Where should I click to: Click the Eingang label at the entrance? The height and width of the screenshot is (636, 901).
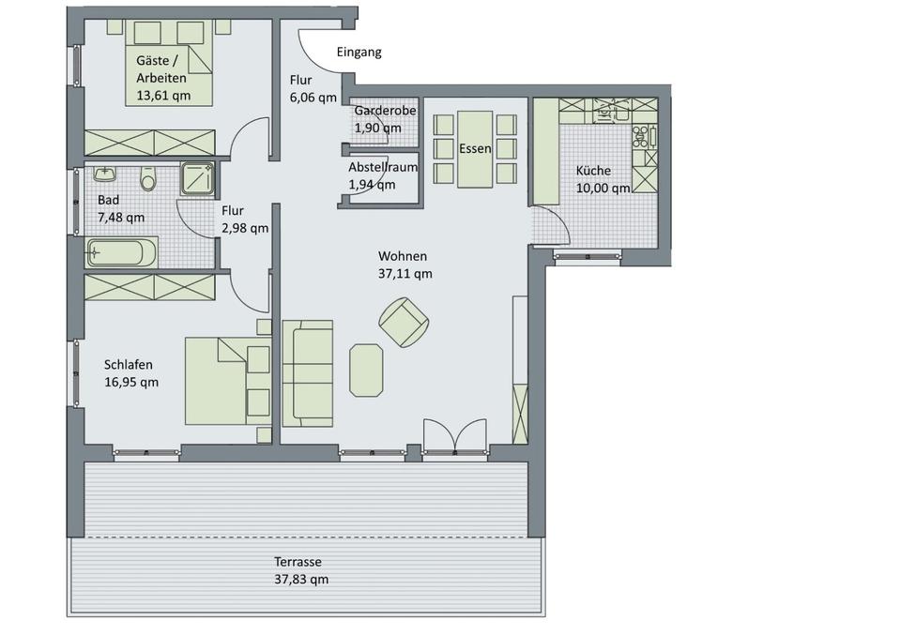click(359, 53)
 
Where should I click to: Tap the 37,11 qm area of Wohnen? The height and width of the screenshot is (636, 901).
click(405, 274)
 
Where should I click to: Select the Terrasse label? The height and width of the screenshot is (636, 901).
click(298, 562)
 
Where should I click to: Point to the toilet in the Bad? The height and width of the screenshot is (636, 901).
click(148, 178)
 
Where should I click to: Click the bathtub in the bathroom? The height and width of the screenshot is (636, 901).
click(121, 253)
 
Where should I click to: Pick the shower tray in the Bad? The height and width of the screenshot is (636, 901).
click(197, 178)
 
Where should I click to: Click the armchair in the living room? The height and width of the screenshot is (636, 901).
click(404, 322)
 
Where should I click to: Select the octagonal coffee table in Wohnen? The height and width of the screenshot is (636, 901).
click(366, 371)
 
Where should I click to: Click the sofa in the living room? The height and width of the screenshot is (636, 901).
click(308, 373)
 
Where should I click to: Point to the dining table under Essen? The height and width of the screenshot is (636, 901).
click(475, 149)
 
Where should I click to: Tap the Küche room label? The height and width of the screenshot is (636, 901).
click(593, 171)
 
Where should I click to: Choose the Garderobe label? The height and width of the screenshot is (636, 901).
click(385, 111)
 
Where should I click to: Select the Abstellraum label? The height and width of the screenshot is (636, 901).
click(383, 167)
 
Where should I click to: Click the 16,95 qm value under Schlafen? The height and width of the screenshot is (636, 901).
click(131, 383)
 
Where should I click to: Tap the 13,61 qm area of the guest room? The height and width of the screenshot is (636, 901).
click(163, 96)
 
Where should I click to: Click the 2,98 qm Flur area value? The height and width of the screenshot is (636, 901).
click(245, 228)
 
